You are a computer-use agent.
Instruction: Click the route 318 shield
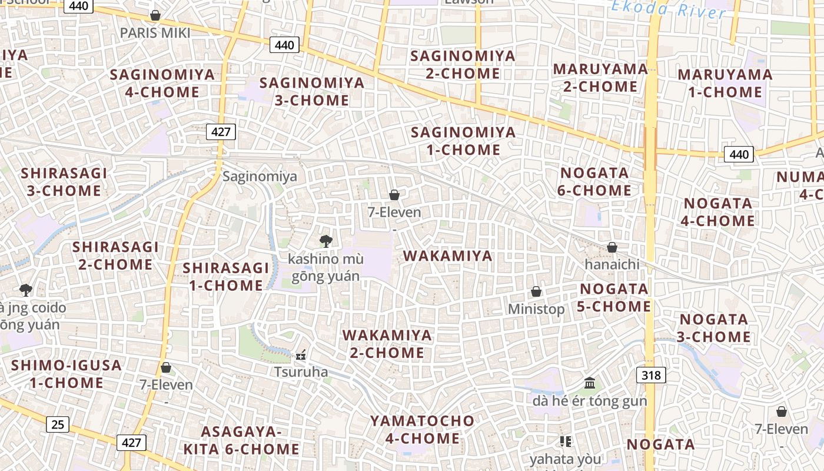(x=651, y=375)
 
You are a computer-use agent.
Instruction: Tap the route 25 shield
(x=57, y=424)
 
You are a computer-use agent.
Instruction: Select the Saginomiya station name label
(x=260, y=176)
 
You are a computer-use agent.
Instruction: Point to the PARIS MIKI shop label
(x=155, y=32)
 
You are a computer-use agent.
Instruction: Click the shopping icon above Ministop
(x=536, y=291)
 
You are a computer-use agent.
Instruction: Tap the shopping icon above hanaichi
(x=612, y=247)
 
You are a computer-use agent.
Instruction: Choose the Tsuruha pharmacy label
(x=301, y=372)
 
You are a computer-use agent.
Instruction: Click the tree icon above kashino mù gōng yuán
(x=325, y=241)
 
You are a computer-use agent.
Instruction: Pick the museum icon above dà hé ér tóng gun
(x=590, y=384)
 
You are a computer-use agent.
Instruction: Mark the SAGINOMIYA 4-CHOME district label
(x=162, y=83)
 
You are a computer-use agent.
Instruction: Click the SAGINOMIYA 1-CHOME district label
(x=463, y=141)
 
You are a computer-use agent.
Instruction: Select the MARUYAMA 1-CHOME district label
(x=725, y=83)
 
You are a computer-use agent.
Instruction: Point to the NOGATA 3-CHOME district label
(x=715, y=328)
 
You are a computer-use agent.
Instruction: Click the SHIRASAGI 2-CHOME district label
(x=115, y=255)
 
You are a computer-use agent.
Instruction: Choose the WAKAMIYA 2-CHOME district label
(x=387, y=344)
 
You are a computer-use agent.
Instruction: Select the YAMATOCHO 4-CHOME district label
(x=422, y=429)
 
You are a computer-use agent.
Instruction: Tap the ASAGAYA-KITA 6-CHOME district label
(x=241, y=440)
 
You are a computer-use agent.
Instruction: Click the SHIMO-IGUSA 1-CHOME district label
(x=67, y=374)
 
